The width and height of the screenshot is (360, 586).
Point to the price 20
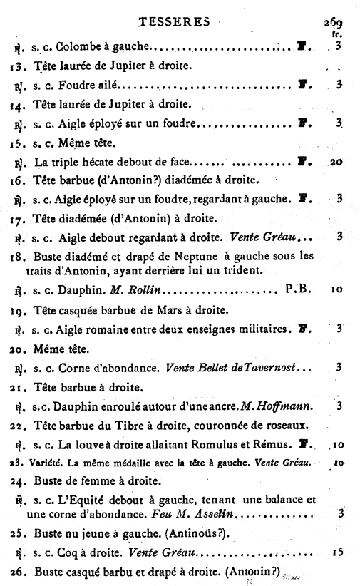pyautogui.click(x=336, y=162)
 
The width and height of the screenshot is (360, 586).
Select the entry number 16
pyautogui.click(x=19, y=181)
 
